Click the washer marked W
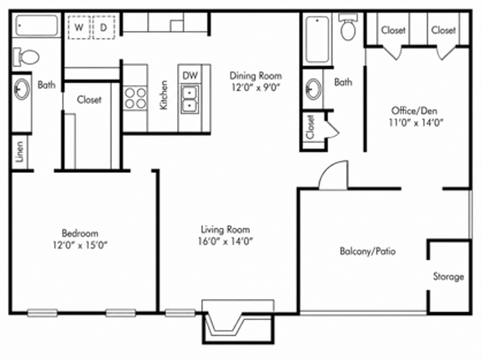[79, 27]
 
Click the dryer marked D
[104, 27]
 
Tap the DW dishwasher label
[190, 76]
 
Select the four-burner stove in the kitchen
[135, 98]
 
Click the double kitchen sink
[190, 99]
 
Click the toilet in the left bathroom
[26, 57]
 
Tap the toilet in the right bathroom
[348, 27]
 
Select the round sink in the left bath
[22, 89]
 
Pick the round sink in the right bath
[314, 89]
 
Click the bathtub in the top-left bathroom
[37, 25]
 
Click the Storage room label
[449, 277]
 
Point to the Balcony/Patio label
[368, 251]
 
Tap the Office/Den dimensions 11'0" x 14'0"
[416, 123]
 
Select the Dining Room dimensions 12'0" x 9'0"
[256, 88]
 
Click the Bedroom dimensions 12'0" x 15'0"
[80, 245]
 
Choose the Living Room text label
[226, 230]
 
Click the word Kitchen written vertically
[164, 95]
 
